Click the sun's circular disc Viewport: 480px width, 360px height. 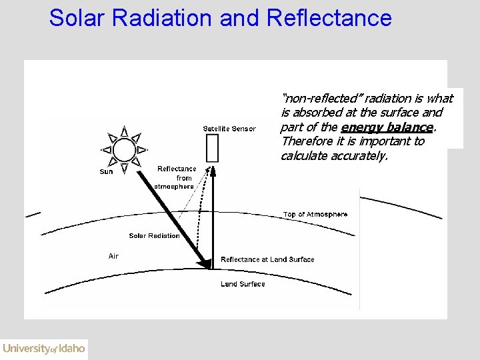[x=124, y=149]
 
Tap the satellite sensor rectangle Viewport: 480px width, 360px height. [x=213, y=148]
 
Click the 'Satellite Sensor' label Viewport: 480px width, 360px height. [x=229, y=129]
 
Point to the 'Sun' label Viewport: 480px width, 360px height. [x=106, y=172]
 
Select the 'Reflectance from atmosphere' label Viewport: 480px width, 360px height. [x=175, y=177]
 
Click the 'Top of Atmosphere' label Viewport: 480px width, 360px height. [x=315, y=215]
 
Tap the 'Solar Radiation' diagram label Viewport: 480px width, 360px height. [x=154, y=236]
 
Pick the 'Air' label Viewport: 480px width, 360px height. [x=113, y=256]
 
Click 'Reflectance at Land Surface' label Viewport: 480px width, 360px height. [x=267, y=259]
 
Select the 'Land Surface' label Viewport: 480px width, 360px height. [x=243, y=284]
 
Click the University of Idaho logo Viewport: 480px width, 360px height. [x=44, y=349]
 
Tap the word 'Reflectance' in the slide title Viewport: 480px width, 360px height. [x=329, y=18]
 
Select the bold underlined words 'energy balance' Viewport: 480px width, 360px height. [x=387, y=127]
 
